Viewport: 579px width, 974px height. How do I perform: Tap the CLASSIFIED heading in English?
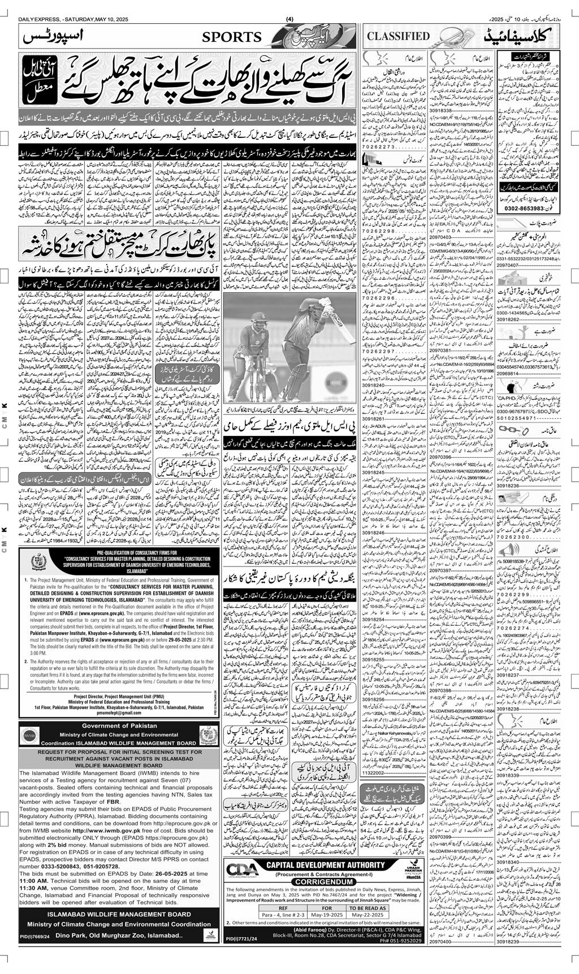coord(399,36)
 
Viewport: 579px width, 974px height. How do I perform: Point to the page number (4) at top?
coord(289,19)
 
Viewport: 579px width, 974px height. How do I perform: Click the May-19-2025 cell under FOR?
coord(327,915)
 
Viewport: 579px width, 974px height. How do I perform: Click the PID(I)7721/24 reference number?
coord(241,940)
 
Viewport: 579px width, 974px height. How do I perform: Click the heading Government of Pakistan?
coord(119,726)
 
